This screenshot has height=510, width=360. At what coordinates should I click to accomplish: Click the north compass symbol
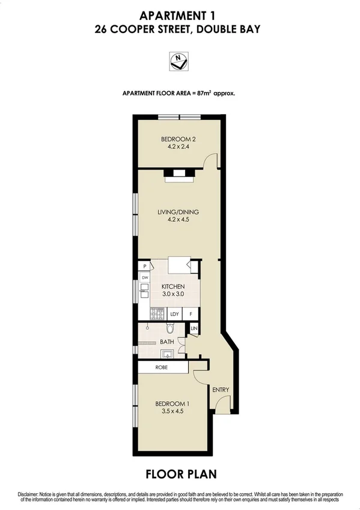coord(180,60)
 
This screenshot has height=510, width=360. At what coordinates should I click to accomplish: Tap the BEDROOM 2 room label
coord(180,140)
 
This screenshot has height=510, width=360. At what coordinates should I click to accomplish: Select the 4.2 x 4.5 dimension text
coord(180,220)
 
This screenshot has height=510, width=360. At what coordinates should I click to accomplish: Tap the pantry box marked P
coord(145,266)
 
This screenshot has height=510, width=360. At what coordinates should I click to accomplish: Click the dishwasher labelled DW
coord(145,277)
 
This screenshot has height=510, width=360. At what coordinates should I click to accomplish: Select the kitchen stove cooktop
coord(159,313)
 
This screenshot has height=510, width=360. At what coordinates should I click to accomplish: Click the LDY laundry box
coord(175,313)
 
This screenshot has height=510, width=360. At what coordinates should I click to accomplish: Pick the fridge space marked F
coord(191,313)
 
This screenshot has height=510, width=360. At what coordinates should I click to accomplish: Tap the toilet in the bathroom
coord(170,329)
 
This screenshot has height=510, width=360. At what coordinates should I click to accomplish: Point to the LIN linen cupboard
coord(194,328)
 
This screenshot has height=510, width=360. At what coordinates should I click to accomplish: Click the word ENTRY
coord(221,390)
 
